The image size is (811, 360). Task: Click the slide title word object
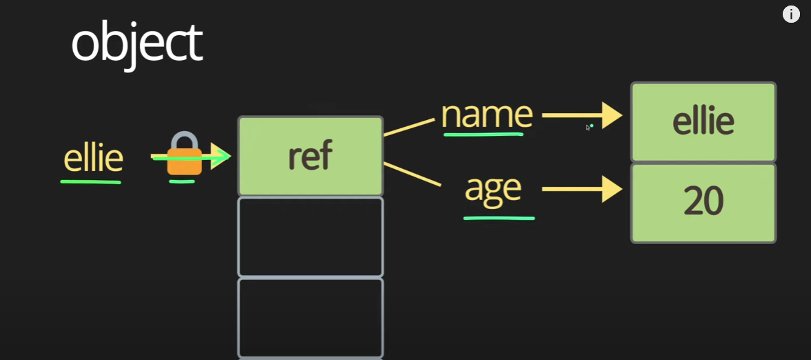(137, 43)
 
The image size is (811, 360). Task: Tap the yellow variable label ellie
(93, 158)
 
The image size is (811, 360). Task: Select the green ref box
(310, 156)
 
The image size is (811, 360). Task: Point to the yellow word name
(487, 114)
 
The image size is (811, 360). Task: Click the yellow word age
(492, 188)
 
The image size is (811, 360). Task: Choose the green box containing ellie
(703, 121)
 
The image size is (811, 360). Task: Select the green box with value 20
(703, 203)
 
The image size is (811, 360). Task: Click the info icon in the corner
(791, 14)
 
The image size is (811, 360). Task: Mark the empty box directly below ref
(310, 237)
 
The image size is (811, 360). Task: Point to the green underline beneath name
(483, 133)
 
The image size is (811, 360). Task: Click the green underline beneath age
(499, 217)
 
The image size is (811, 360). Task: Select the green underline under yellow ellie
(90, 181)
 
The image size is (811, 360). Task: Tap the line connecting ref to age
(412, 174)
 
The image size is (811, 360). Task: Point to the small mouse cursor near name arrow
(588, 127)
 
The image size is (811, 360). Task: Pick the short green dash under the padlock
(182, 181)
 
